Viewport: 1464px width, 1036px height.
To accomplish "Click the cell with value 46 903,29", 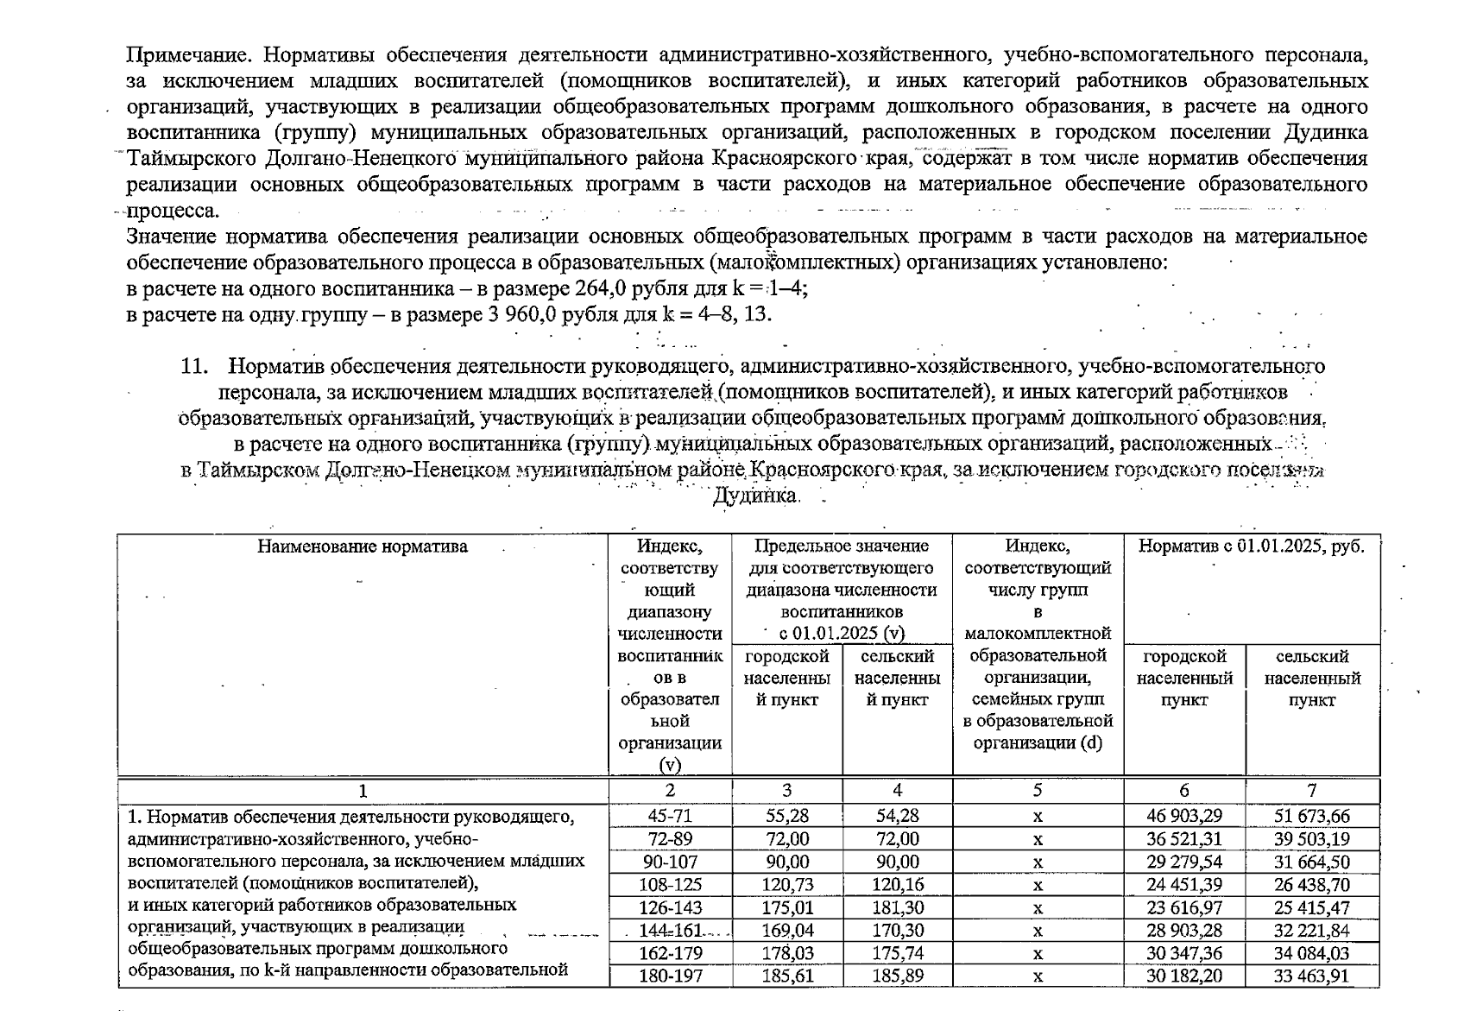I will click(x=1183, y=816).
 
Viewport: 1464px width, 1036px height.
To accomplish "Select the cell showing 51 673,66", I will click(x=1312, y=816).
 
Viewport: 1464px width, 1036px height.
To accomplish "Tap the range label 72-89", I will click(x=670, y=839).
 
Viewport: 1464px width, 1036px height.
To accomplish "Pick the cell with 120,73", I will click(x=786, y=885).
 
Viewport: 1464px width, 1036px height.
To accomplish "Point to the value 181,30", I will click(x=897, y=908).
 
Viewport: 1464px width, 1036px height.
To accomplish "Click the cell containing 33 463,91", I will click(x=1312, y=976).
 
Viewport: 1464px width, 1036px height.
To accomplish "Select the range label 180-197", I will click(x=670, y=976).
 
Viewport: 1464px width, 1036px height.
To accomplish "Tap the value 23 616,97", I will click(x=1183, y=908).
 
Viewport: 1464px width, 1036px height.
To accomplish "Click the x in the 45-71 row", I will click(x=1038, y=816).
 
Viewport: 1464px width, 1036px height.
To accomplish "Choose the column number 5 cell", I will click(x=1038, y=790).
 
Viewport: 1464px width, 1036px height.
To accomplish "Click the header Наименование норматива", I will click(x=363, y=546).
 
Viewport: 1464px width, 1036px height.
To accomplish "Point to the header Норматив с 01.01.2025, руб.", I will click(x=1252, y=546).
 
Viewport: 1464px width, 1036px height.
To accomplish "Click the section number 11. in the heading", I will click(x=194, y=366).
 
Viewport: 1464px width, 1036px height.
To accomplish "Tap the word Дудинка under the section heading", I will click(x=754, y=496).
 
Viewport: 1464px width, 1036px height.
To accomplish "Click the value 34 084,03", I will click(x=1312, y=954).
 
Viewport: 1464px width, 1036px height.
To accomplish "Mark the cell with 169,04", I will click(x=786, y=931).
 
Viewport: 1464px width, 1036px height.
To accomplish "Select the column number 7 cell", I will click(x=1312, y=790).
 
